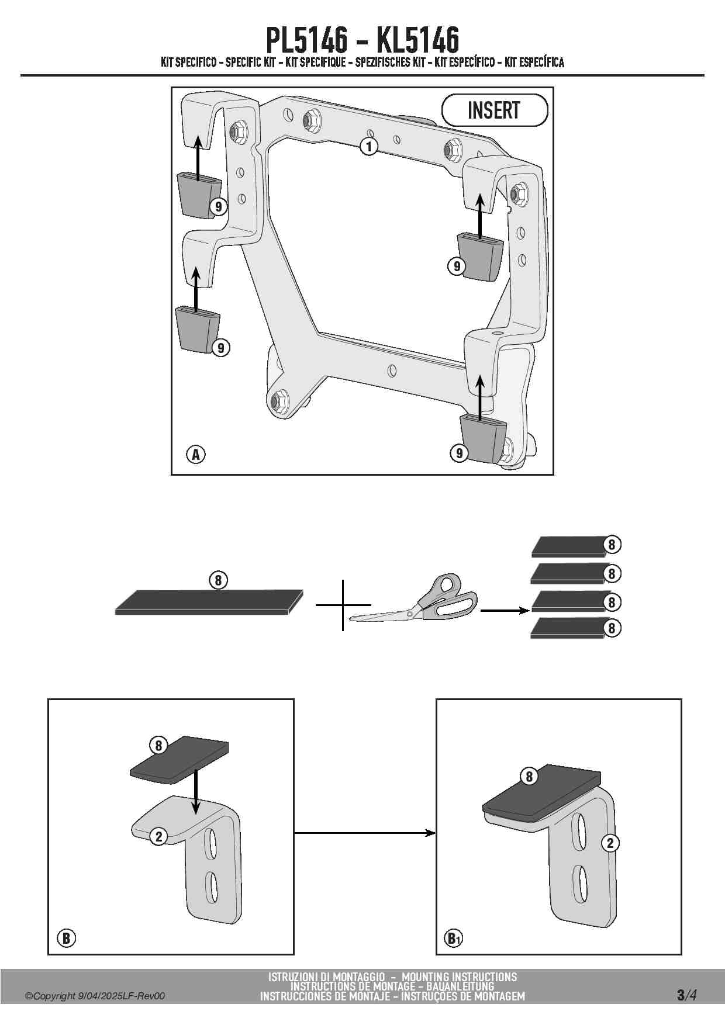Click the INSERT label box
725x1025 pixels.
495,110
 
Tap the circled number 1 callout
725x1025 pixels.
369,146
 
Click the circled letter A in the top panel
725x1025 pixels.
196,454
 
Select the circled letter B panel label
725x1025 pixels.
67,938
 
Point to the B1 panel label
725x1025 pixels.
454,939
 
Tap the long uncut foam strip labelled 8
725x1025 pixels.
209,602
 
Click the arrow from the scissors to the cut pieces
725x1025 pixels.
505,611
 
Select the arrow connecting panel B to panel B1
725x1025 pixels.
365,833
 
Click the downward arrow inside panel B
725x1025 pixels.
196,792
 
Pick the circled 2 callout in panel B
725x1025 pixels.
158,836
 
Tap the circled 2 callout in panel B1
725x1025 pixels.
610,843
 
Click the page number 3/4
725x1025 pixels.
686,995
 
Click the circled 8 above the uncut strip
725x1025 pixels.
218,580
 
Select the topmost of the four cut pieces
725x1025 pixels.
567,546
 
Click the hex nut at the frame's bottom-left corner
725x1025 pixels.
277,401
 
